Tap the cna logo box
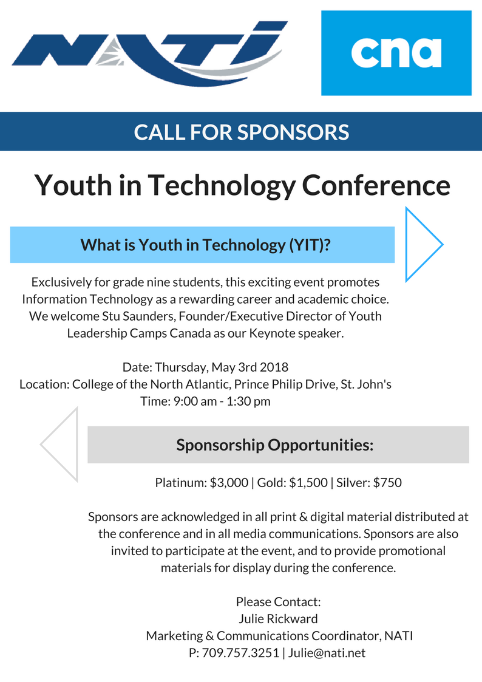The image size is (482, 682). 396,53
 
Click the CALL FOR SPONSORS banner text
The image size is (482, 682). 241,132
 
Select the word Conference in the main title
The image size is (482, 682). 376,185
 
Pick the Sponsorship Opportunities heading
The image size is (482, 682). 274,445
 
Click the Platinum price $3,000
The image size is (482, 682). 229,483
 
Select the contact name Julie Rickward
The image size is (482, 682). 279,619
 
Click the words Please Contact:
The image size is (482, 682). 278,602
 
